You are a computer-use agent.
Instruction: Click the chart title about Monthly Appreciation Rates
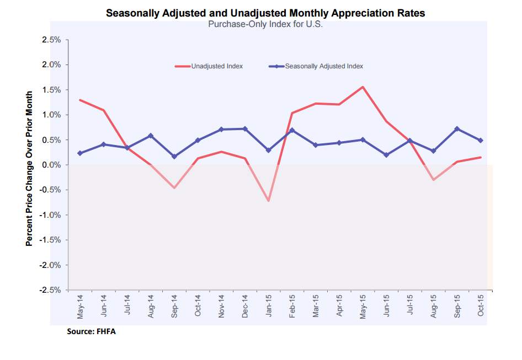pos(265,13)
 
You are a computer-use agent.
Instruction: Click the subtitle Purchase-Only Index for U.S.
pos(265,24)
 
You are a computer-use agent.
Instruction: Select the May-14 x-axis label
pos(81,307)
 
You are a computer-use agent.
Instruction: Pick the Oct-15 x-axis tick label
pos(481,307)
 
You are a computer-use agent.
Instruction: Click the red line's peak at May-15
pos(363,87)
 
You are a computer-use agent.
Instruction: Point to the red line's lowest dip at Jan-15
pos(269,201)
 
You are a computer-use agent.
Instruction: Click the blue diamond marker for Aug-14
pos(151,136)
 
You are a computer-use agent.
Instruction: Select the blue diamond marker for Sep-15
pos(457,129)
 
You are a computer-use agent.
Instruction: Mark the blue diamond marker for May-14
pos(81,153)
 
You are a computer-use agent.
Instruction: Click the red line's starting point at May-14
pos(81,100)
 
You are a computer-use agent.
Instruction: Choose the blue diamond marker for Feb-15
pos(292,131)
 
